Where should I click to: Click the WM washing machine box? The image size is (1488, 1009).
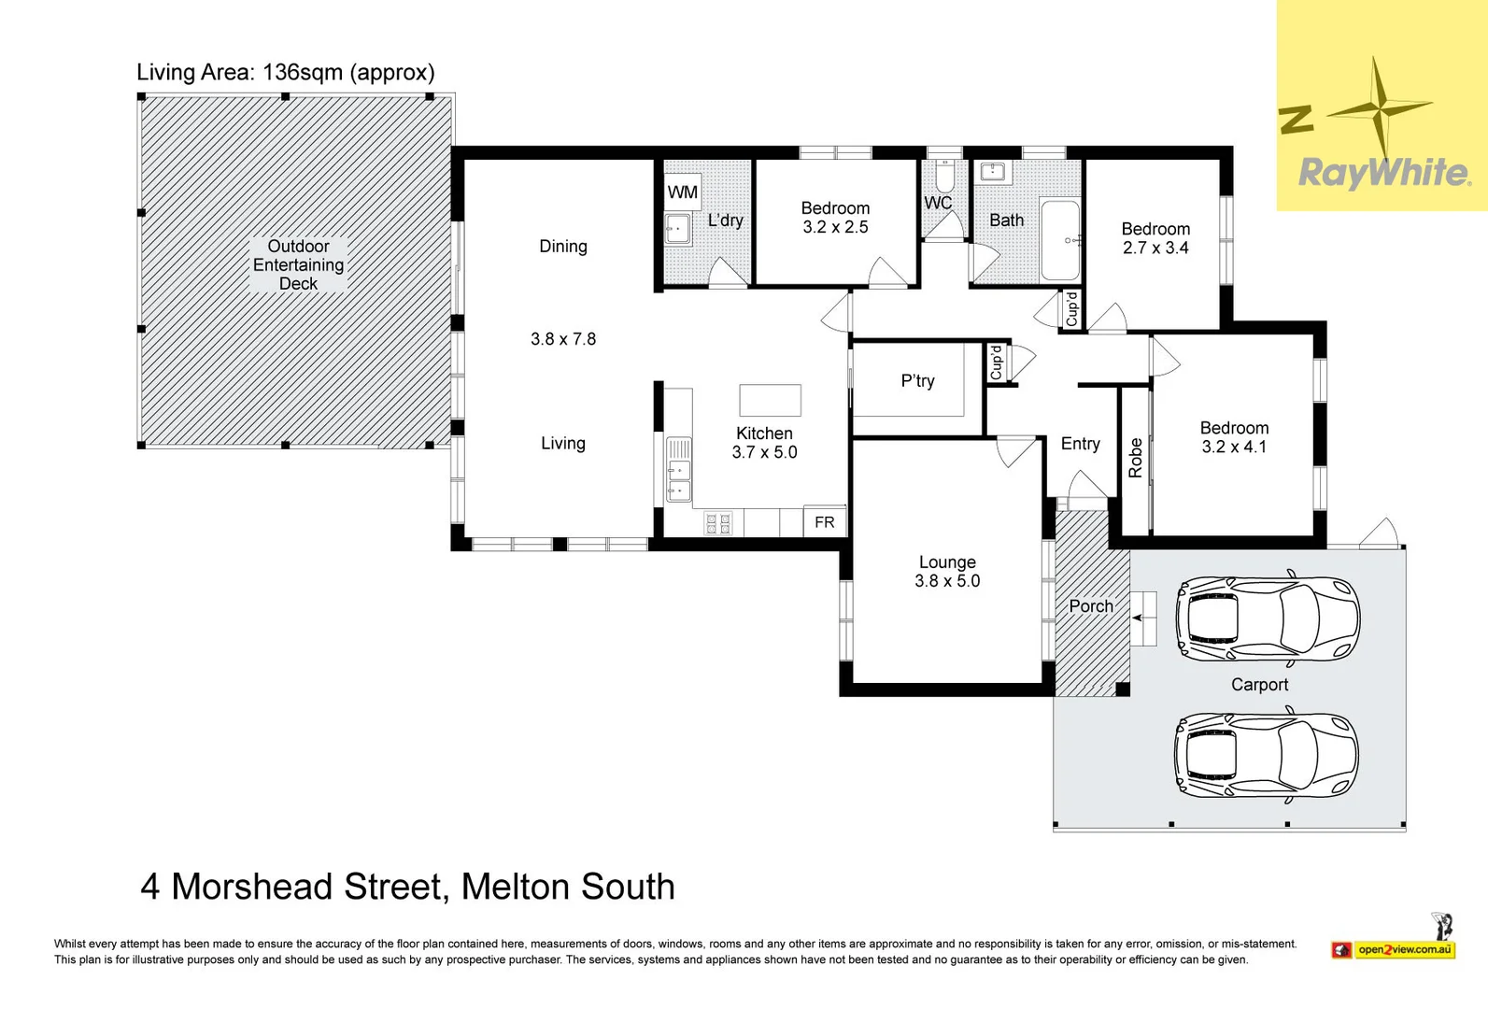point(682,192)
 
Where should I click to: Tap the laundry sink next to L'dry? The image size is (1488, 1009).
point(677,228)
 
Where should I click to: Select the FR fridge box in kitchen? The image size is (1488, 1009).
point(824,522)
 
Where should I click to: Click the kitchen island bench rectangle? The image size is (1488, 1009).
point(770,400)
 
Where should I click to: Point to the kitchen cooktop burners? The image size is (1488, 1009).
point(717,523)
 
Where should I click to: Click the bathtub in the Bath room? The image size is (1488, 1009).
point(1059,240)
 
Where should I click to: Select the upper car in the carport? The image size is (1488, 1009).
point(1268,618)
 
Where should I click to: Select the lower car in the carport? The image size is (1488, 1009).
point(1266,755)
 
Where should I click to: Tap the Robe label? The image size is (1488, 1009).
point(1135,458)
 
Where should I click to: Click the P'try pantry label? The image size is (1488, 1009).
point(917,380)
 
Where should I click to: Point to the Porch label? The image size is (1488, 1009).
point(1090,606)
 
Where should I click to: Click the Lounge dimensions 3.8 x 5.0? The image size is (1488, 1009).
point(947,581)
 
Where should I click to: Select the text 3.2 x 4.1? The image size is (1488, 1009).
point(1234,447)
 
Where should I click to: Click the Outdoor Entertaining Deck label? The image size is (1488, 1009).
point(298,264)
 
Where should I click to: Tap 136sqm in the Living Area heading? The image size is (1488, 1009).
point(303,72)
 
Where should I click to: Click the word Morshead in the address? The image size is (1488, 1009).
point(252,887)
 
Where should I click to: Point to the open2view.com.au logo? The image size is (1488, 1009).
point(1404,950)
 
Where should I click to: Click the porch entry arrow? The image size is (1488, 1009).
point(1137,618)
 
